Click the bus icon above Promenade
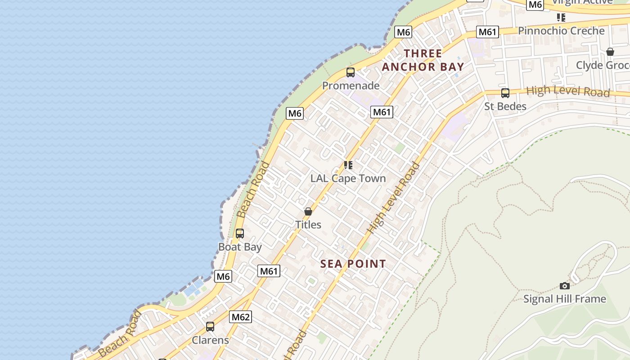(x=351, y=72)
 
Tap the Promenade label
(x=351, y=85)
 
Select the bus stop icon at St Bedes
(x=505, y=93)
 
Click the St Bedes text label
(x=505, y=107)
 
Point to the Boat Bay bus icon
(x=240, y=234)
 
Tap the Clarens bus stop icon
(x=210, y=327)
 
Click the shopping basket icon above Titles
(x=308, y=211)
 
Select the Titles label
(x=308, y=225)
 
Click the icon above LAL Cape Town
(x=348, y=165)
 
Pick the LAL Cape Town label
(x=348, y=179)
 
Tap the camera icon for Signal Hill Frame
(x=565, y=286)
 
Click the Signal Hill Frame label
(x=565, y=299)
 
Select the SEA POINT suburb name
(x=353, y=264)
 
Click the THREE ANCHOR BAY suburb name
(x=423, y=60)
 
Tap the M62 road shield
(x=240, y=317)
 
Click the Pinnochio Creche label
(x=561, y=31)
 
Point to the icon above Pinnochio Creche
(x=561, y=18)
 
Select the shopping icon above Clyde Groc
(x=610, y=52)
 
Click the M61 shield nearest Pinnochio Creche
(x=488, y=32)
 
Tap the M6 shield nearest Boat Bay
(x=223, y=276)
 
